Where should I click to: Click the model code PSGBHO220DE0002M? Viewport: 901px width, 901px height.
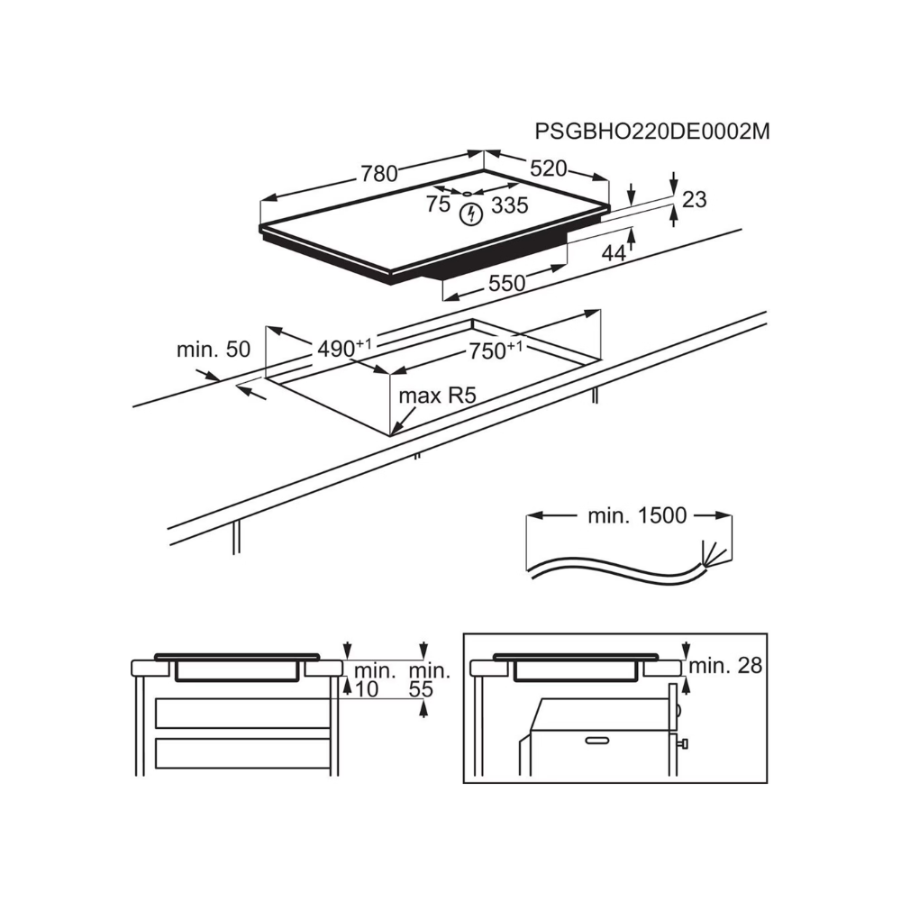(x=652, y=132)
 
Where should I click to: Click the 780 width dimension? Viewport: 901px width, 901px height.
(x=379, y=173)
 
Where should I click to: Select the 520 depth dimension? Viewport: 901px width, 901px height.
(x=548, y=168)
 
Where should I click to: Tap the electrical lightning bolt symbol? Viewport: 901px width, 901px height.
(x=472, y=214)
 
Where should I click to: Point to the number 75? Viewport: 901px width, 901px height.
(x=438, y=204)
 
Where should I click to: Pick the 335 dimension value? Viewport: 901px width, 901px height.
(x=510, y=205)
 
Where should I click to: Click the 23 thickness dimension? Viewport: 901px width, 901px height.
(x=694, y=199)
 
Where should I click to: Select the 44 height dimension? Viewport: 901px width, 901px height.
(x=614, y=252)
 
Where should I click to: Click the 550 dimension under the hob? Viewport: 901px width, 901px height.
(x=506, y=283)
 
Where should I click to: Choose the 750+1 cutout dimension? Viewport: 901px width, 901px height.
(x=496, y=350)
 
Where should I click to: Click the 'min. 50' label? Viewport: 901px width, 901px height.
(x=214, y=350)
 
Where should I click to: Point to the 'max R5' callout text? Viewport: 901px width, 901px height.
(x=438, y=396)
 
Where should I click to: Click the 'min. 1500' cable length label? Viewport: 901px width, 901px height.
(x=637, y=515)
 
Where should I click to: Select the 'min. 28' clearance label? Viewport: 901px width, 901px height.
(x=725, y=666)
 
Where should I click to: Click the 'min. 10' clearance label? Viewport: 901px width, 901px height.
(x=374, y=679)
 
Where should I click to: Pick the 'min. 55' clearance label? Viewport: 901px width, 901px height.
(x=429, y=679)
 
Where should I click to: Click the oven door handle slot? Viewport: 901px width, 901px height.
(x=597, y=740)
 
